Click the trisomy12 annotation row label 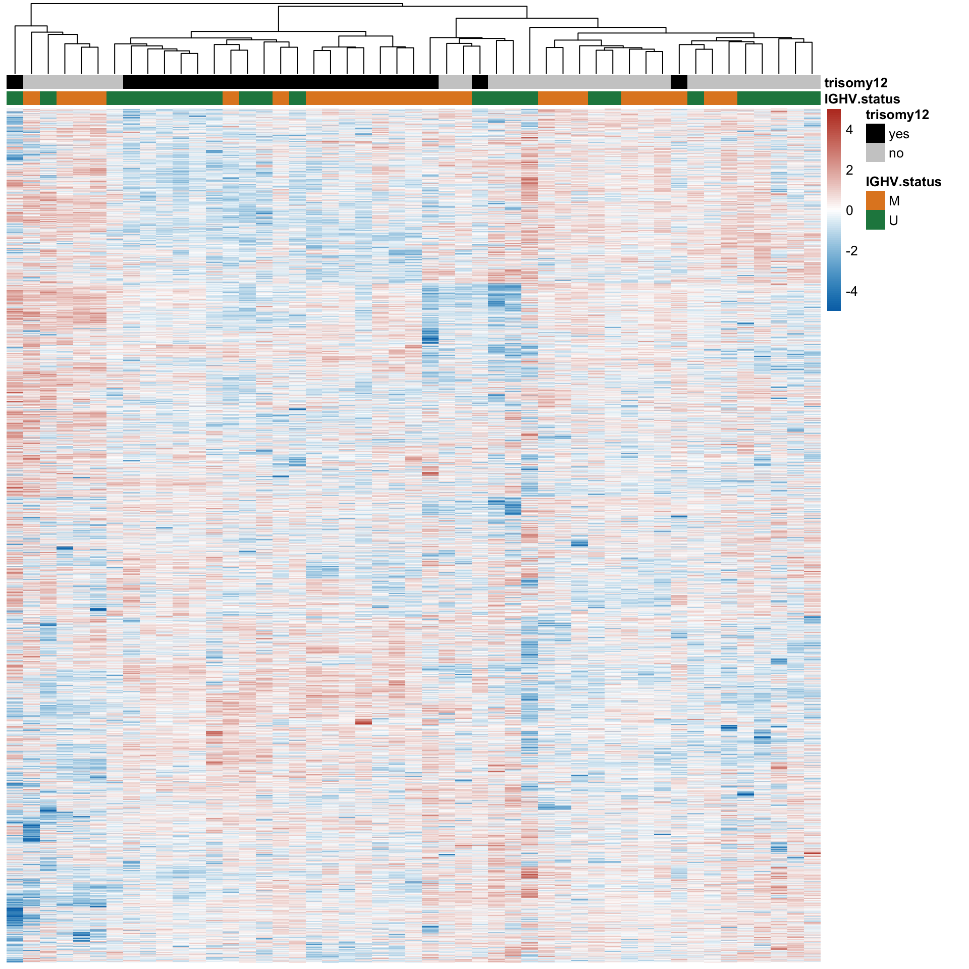pos(855,83)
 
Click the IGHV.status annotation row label pos(862,99)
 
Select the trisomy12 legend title pos(897,115)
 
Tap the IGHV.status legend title pos(903,182)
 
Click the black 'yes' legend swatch pos(875,134)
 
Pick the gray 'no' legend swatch pos(875,153)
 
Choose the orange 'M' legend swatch pos(875,200)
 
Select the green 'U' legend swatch pos(875,220)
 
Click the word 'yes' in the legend pos(899,134)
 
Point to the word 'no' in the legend pos(896,153)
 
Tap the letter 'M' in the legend pos(894,201)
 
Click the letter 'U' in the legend pos(893,221)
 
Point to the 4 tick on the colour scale pos(849,130)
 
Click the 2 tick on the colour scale pos(849,170)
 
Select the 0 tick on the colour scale pos(849,210)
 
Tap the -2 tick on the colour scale pos(851,251)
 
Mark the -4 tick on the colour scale pos(851,291)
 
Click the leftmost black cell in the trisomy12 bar pos(15,82)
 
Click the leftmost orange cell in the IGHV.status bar pos(31,98)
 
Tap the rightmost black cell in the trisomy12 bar pos(679,82)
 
